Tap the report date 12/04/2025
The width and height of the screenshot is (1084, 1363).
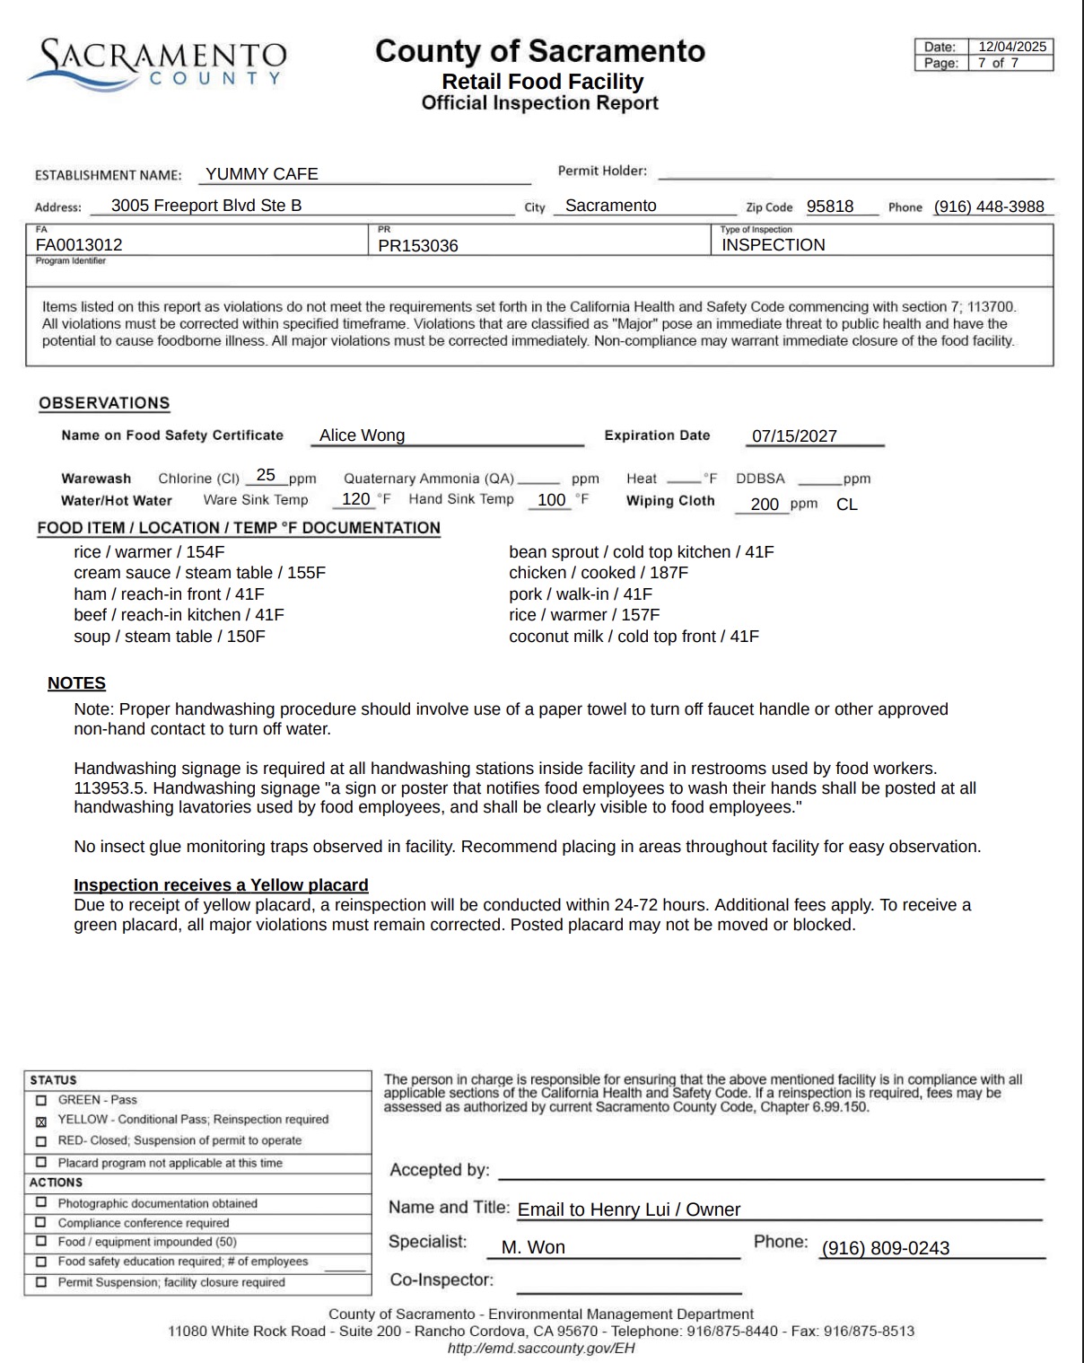pyautogui.click(x=1011, y=47)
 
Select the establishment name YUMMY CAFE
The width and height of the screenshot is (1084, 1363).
pyautogui.click(x=262, y=174)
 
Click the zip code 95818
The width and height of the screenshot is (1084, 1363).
pyautogui.click(x=830, y=207)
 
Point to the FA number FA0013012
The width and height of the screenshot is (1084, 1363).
pyautogui.click(x=79, y=245)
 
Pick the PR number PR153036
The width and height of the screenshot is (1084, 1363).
pyautogui.click(x=418, y=246)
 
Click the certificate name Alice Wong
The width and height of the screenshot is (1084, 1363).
pyautogui.click(x=363, y=435)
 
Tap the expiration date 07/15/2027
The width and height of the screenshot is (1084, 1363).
pyautogui.click(x=794, y=436)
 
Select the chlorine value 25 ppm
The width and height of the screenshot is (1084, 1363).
pyautogui.click(x=266, y=476)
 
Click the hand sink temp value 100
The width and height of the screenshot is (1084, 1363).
pyautogui.click(x=551, y=500)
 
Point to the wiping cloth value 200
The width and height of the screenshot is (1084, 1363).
pyautogui.click(x=765, y=505)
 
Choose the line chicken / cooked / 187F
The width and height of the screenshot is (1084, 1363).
pyautogui.click(x=599, y=573)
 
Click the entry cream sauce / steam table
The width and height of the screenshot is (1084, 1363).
pyautogui.click(x=199, y=573)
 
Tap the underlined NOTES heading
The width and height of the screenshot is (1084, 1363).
pyautogui.click(x=76, y=683)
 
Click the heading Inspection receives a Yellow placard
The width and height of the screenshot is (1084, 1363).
pyautogui.click(x=221, y=885)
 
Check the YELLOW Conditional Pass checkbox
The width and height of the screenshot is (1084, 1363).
pyautogui.click(x=40, y=1121)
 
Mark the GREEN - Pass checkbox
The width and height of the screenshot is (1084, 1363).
pyautogui.click(x=40, y=1100)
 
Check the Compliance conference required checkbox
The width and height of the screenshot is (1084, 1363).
pyautogui.click(x=40, y=1223)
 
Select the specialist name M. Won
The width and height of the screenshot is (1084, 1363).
pyautogui.click(x=533, y=1247)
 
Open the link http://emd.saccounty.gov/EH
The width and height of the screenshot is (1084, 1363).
pyautogui.click(x=541, y=1348)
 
